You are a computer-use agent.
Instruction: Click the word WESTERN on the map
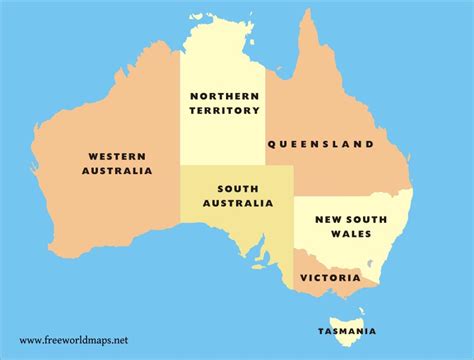point(118,156)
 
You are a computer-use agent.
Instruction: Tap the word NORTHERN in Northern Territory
point(224,96)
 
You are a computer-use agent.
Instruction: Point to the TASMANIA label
point(348,331)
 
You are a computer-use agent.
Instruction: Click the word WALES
point(351,234)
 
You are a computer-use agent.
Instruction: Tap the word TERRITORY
point(224,111)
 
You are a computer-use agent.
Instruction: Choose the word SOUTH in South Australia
point(237,187)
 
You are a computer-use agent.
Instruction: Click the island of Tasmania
point(346,307)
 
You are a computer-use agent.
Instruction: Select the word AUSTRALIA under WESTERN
point(118,171)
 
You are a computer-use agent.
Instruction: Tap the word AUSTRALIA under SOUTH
point(237,202)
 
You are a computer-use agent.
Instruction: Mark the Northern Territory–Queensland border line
point(266,120)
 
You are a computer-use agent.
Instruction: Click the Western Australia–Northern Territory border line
point(180,110)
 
